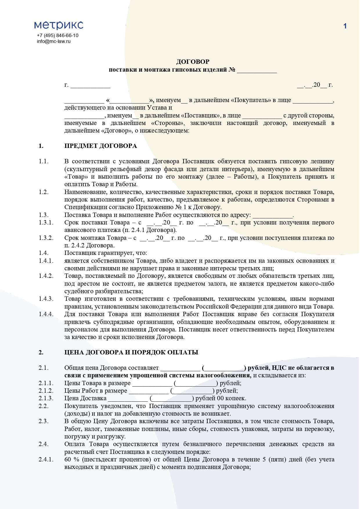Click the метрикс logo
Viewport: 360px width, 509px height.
(59, 25)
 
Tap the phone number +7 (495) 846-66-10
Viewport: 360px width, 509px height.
(57, 35)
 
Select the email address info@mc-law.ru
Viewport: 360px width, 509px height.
(54, 41)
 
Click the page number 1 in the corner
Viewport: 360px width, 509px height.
(345, 26)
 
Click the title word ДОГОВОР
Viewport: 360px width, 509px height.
(193, 61)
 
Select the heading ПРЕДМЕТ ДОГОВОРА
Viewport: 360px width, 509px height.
(100, 146)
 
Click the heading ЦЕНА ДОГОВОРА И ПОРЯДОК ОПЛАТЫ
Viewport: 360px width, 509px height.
(131, 352)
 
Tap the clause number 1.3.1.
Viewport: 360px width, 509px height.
(46, 222)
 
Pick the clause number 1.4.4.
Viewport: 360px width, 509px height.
(46, 314)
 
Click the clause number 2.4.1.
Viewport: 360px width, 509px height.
(46, 459)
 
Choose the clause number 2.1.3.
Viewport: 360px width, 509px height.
(46, 398)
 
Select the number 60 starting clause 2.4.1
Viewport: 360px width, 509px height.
(68, 459)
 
